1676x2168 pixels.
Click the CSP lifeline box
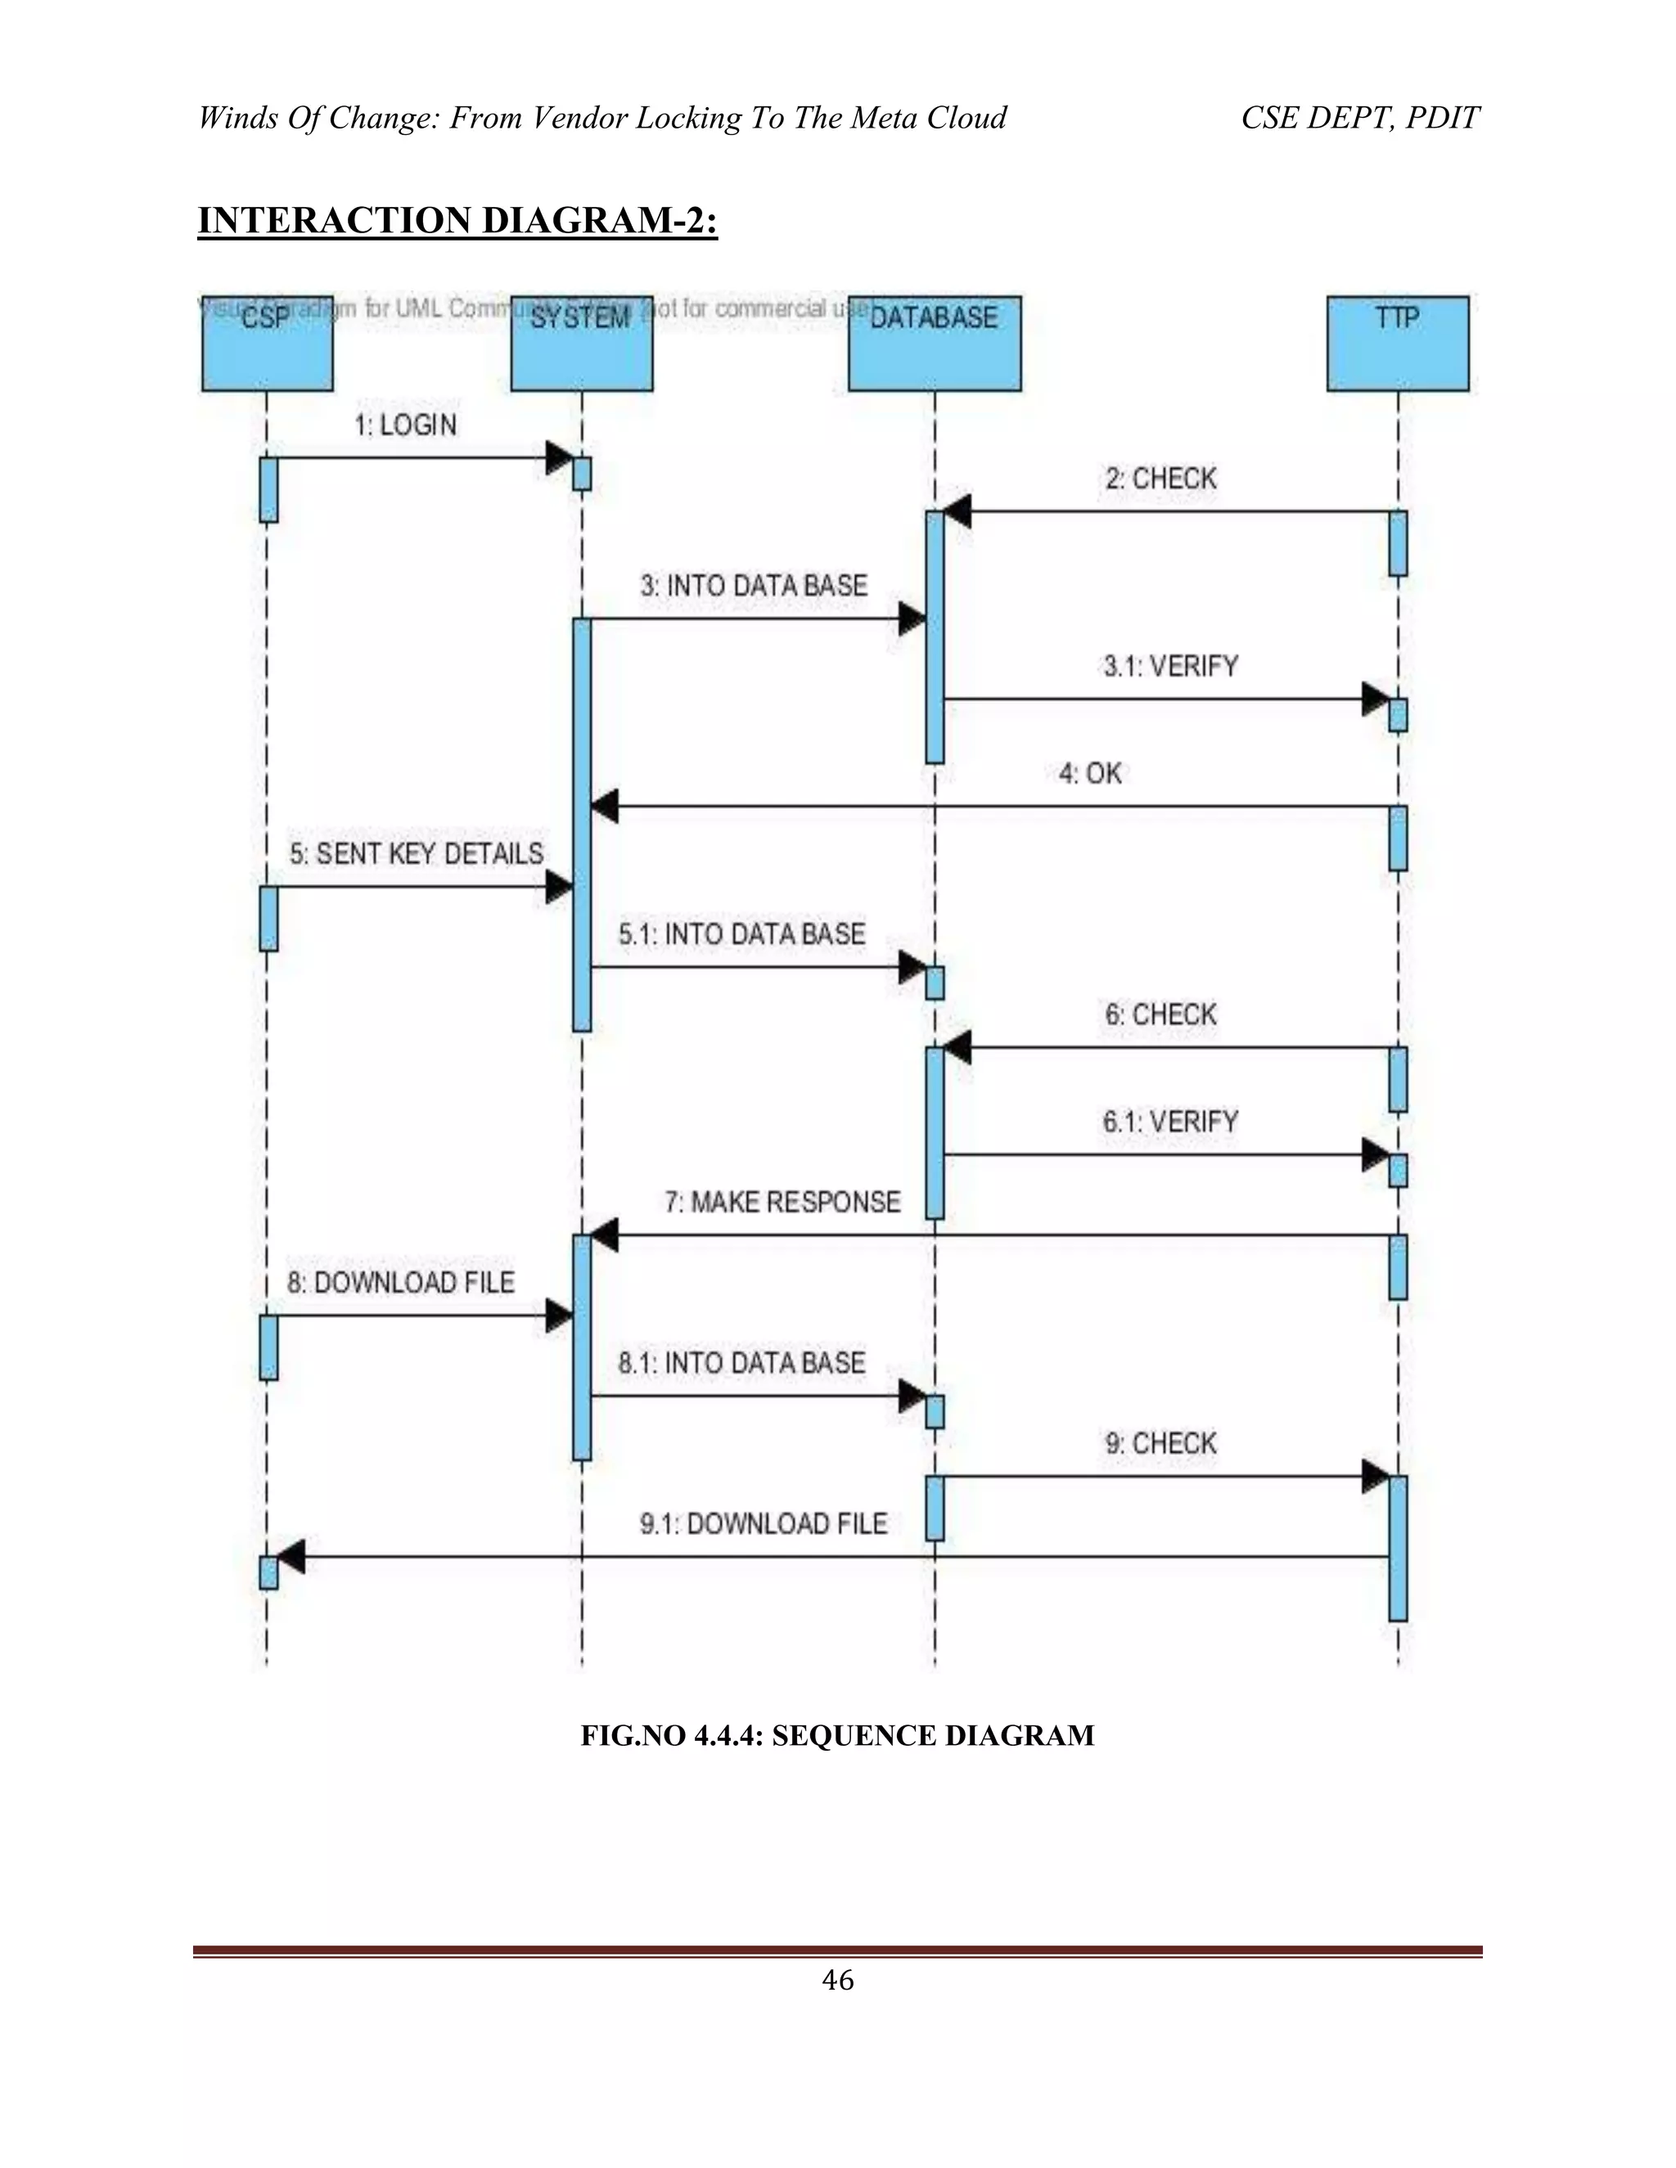[267, 344]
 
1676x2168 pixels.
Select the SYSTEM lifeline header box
[581, 344]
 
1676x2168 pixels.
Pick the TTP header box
[1397, 344]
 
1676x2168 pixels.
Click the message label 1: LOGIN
[405, 426]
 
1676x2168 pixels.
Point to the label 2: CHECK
[1160, 479]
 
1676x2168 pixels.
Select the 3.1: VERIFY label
[1170, 666]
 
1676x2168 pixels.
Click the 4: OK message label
[1090, 773]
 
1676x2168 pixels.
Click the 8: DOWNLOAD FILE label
[401, 1283]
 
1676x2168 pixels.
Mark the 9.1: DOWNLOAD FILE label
[763, 1524]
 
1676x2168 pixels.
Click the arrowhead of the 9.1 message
[290, 1558]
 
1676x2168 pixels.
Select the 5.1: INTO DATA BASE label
[741, 934]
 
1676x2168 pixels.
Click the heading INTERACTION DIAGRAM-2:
[457, 220]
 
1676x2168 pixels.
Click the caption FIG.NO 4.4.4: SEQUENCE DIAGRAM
[837, 1736]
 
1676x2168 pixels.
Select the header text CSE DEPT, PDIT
[1359, 118]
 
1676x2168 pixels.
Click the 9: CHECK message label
[1160, 1443]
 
